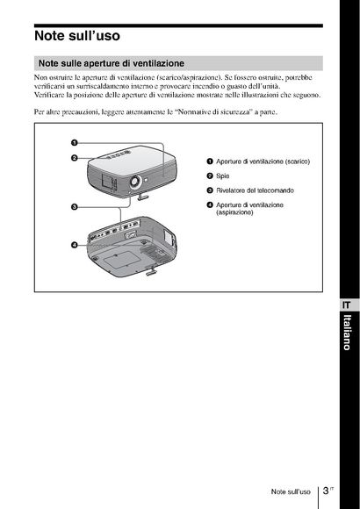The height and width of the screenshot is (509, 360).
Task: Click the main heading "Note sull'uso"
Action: (x=77, y=35)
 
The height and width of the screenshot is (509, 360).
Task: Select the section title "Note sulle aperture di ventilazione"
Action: (x=112, y=63)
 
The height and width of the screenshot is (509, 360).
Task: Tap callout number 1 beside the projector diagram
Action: (x=74, y=143)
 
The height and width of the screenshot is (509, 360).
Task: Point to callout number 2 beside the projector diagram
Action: (x=74, y=158)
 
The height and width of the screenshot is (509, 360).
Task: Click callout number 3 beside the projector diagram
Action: (x=74, y=207)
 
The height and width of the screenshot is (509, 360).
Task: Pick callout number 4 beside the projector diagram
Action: (x=74, y=245)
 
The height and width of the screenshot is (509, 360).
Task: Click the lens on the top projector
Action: (x=135, y=182)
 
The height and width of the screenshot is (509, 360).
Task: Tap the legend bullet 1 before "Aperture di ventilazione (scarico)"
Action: (x=210, y=161)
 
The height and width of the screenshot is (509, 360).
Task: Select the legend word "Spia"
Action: (x=222, y=176)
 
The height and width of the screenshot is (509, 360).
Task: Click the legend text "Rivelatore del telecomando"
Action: (x=255, y=190)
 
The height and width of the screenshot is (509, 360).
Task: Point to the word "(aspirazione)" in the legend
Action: (x=234, y=212)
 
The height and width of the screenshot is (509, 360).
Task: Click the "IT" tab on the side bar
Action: (x=347, y=305)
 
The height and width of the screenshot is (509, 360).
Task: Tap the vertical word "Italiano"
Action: (x=348, y=333)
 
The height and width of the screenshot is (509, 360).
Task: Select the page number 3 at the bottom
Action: (x=326, y=491)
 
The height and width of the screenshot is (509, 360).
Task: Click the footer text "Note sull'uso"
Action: (x=291, y=491)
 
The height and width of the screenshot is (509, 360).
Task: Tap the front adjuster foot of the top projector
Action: (x=143, y=196)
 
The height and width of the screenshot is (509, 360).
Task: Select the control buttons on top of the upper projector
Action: (x=118, y=154)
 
